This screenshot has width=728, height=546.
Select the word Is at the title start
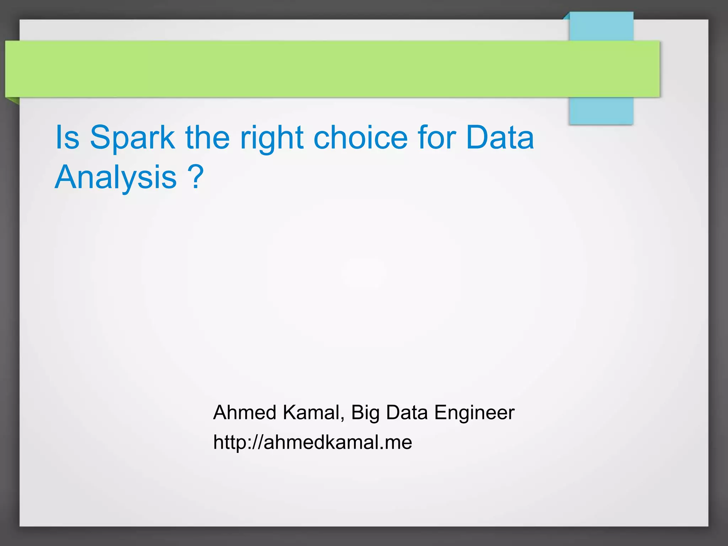point(67,138)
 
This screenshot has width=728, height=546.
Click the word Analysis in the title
point(116,178)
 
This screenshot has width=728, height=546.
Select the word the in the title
point(207,138)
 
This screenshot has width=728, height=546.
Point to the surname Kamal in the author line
point(310,413)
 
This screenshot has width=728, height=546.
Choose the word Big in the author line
point(365,413)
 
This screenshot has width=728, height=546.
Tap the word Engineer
point(474,413)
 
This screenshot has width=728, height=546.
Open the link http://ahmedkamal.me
point(312,443)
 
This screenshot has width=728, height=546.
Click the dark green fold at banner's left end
point(13,101)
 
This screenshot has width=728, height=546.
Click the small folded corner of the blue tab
point(566,16)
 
